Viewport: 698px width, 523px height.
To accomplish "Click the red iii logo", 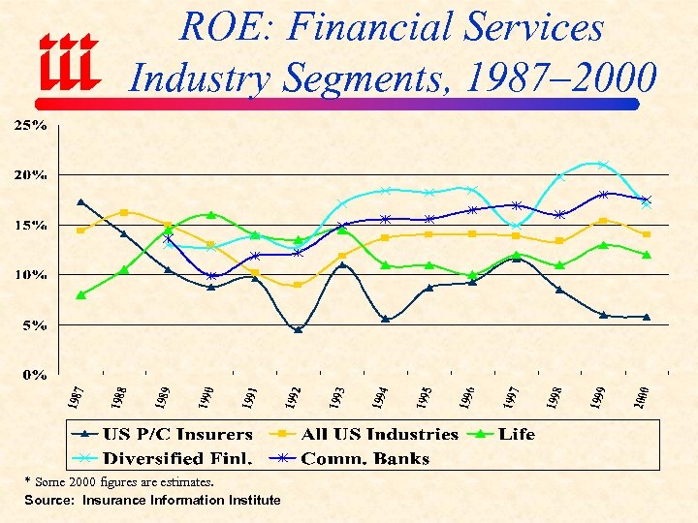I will [67, 63].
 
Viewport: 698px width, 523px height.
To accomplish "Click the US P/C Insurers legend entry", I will [165, 435].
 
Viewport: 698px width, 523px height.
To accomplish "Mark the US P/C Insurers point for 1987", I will [81, 202].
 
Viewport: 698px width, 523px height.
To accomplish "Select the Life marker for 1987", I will [81, 294].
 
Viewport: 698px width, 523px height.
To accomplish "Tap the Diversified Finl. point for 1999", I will [602, 165].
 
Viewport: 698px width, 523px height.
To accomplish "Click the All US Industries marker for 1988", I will [124, 212].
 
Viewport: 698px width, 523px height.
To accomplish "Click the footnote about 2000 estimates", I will [119, 481].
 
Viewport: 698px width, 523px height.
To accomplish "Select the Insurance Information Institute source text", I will [152, 501].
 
